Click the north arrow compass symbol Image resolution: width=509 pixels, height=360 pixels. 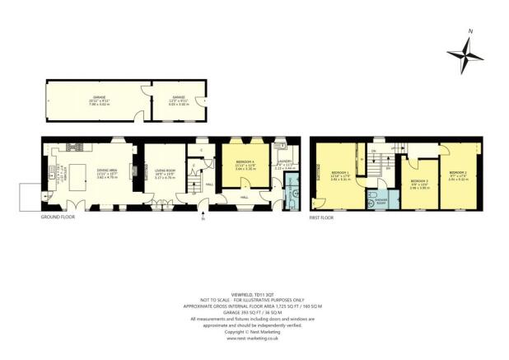(466, 57)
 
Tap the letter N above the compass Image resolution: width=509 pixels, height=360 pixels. (469, 31)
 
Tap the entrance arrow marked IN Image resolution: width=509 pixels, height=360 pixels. (203, 218)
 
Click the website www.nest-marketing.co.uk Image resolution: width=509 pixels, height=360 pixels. (254, 338)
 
